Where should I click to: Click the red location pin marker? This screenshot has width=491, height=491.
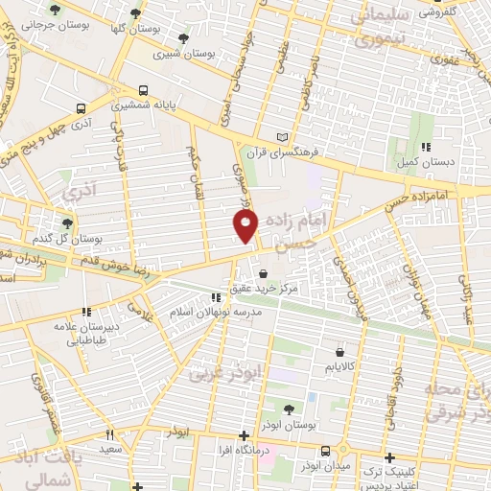pos(245,225)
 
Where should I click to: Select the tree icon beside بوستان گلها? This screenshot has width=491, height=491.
pos(135,13)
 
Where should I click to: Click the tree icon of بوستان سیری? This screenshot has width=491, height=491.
pos(183,38)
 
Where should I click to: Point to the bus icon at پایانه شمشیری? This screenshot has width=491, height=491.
pos(143,84)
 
